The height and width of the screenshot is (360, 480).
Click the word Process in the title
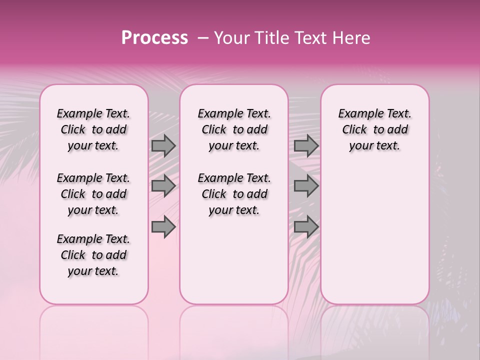coord(154,38)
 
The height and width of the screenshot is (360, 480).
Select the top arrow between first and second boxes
coord(163,146)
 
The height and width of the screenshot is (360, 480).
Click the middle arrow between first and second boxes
coord(163,186)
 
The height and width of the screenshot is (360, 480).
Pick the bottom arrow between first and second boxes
coord(163,226)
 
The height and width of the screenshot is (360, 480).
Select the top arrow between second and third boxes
coord(306,146)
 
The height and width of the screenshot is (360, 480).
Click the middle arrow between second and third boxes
coord(306,186)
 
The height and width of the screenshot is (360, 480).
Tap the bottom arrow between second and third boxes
coord(306,226)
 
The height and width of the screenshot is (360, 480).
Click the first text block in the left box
coord(93,129)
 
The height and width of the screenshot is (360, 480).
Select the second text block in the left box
coord(93,194)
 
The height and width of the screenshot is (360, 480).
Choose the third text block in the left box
coord(93,255)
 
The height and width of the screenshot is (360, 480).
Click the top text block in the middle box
coord(234,129)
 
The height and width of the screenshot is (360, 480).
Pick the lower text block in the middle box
coord(234,194)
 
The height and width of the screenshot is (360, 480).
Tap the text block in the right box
coord(375,129)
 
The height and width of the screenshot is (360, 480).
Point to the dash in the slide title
coord(203,38)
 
